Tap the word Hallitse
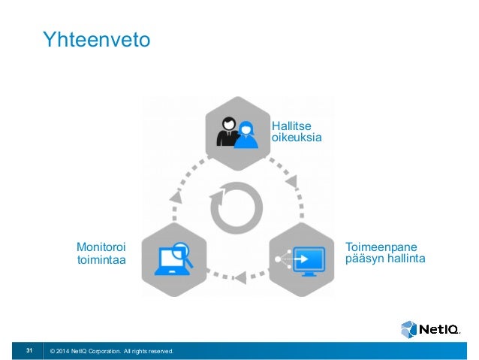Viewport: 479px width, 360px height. click(292, 125)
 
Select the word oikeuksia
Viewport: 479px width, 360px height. click(297, 138)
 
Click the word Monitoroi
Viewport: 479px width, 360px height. click(101, 247)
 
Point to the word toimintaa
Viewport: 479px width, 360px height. click(101, 259)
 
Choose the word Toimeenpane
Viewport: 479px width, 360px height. click(381, 247)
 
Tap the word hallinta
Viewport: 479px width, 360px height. click(405, 259)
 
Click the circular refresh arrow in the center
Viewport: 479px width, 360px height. click(236, 207)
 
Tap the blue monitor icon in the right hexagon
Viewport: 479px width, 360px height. click(308, 259)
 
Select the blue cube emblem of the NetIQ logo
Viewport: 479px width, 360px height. click(409, 329)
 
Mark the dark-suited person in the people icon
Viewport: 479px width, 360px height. click(227, 131)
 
